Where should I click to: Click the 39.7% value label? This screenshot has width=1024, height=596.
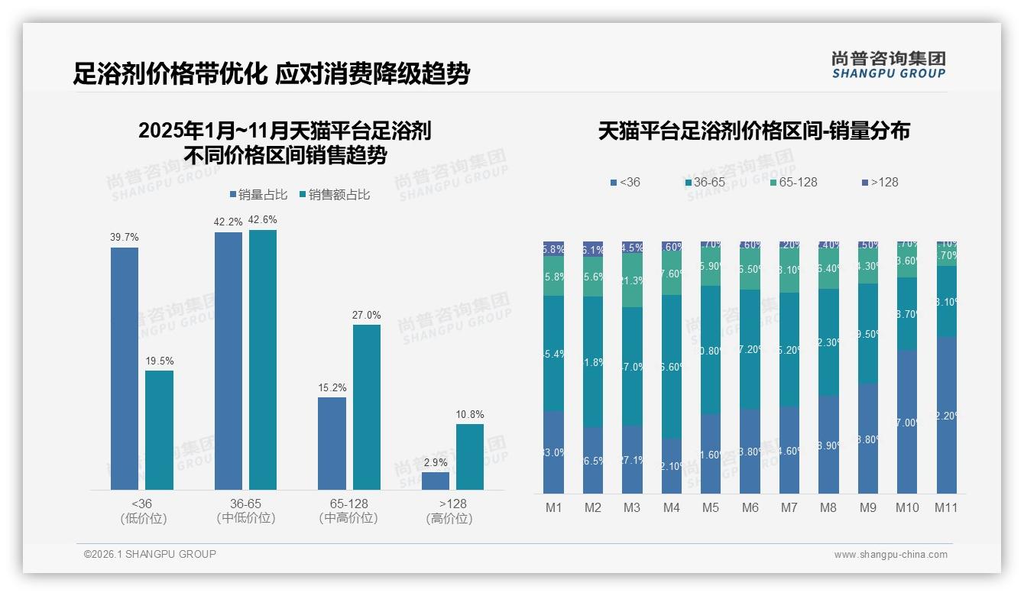pos(125,238)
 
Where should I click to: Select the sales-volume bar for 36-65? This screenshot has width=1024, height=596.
pos(228,361)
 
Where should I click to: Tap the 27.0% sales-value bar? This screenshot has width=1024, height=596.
pos(366,407)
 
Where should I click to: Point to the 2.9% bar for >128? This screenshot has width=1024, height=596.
pos(436,481)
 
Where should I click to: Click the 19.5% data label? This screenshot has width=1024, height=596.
pos(159,361)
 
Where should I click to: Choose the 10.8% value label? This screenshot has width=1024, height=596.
pos(470,414)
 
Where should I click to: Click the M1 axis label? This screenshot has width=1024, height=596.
pos(554,507)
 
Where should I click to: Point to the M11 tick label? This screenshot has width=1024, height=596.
pos(947,507)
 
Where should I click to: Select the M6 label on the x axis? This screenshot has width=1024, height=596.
pos(750,507)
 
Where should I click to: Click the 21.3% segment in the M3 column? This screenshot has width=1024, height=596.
pos(632,280)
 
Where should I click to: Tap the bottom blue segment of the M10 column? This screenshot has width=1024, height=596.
pos(907,422)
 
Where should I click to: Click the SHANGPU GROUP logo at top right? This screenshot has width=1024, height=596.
pos(888,65)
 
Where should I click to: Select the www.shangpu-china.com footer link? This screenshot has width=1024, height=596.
pos(890,555)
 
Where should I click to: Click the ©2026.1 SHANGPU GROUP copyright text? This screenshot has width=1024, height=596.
pos(150,554)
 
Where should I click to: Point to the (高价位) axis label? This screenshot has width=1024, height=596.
pos(449,518)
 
